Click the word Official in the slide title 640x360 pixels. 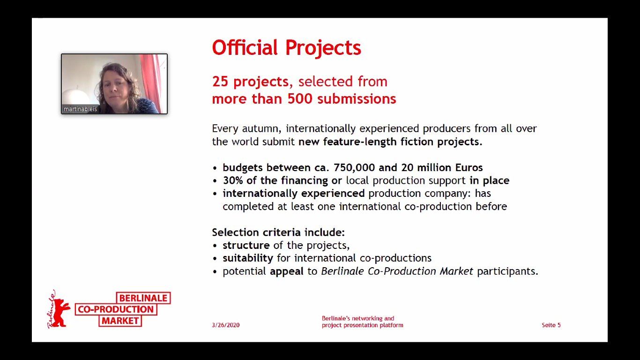click(245, 47)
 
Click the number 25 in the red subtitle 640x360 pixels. click(220, 82)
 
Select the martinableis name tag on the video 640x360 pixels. click(80, 109)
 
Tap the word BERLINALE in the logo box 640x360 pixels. click(143, 298)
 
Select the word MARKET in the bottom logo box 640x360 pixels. click(120, 321)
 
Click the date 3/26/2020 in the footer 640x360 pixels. click(226, 325)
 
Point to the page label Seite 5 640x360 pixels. click(551, 325)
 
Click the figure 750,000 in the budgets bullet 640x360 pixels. click(354, 167)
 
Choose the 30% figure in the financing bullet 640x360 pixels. click(232, 180)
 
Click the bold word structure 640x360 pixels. click(246, 245)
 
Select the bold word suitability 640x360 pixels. click(248, 258)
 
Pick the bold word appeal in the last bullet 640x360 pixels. click(287, 271)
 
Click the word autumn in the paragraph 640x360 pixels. click(262, 129)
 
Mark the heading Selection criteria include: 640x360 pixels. click(278, 232)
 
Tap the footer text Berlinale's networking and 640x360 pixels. click(358, 318)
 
